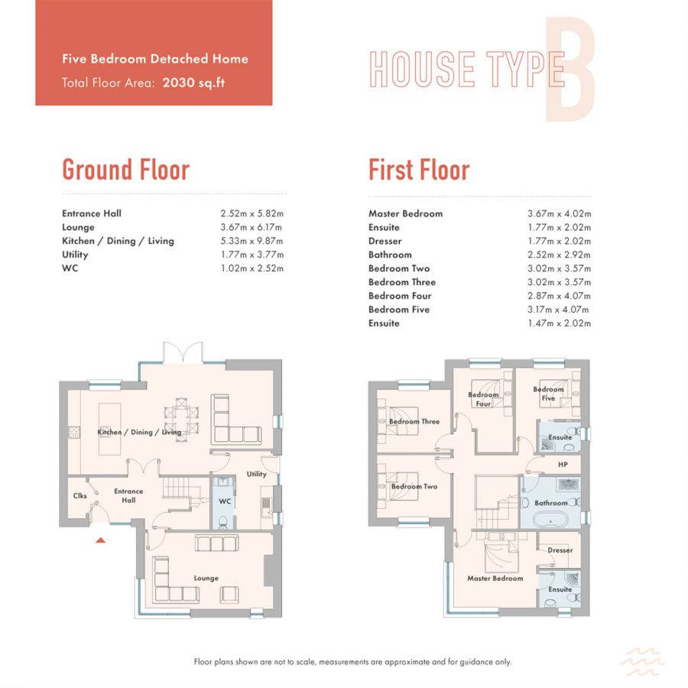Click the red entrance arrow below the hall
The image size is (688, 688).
pyautogui.click(x=100, y=540)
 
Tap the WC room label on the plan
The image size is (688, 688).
pyautogui.click(x=225, y=501)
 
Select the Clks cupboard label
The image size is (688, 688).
pyautogui.click(x=80, y=495)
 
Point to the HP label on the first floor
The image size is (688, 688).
pyautogui.click(x=563, y=464)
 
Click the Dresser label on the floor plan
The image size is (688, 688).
pyautogui.click(x=560, y=550)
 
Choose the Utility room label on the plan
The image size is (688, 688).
pyautogui.click(x=256, y=474)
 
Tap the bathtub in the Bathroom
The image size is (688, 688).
pyautogui.click(x=550, y=521)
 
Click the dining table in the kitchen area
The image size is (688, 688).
pyautogui.click(x=181, y=419)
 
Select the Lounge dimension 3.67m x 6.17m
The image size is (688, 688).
pyautogui.click(x=251, y=227)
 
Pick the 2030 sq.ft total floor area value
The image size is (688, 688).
pyautogui.click(x=193, y=83)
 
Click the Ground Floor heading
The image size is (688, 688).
pyautogui.click(x=125, y=170)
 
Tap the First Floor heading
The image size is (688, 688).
pyautogui.click(x=419, y=170)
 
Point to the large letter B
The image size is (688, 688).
pyautogui.click(x=570, y=69)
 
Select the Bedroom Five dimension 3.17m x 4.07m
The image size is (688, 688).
pyautogui.click(x=558, y=310)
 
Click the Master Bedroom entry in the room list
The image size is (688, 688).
pyautogui.click(x=405, y=214)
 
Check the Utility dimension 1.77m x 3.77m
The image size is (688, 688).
pyautogui.click(x=252, y=255)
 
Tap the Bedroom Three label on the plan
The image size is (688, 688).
pyautogui.click(x=414, y=421)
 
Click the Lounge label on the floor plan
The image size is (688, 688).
pyautogui.click(x=206, y=578)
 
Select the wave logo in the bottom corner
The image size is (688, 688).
pyautogui.click(x=642, y=662)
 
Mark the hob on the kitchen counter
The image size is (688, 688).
pyautogui.click(x=73, y=433)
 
